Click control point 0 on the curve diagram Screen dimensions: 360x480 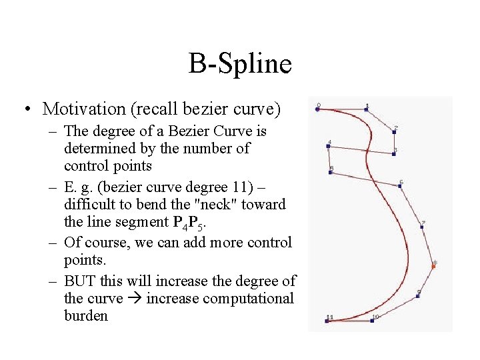tap(317, 109)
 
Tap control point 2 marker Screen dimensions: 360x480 tap(394, 131)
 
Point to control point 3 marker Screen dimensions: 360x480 tap(394, 154)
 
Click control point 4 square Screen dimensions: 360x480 tap(328, 146)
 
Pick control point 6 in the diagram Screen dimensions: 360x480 tap(399, 185)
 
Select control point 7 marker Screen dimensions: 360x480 tap(422, 227)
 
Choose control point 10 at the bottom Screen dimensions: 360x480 tap(372, 321)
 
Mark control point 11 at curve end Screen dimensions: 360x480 tap(327, 321)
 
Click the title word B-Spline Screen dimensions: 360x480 tap(240, 64)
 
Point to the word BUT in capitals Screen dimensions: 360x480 tap(80, 281)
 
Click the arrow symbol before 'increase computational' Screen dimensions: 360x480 tap(134, 299)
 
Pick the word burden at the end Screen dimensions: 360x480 tap(85, 315)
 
